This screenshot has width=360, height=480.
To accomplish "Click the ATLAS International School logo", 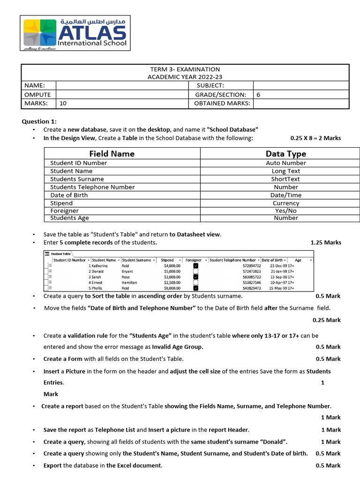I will (x=75, y=33).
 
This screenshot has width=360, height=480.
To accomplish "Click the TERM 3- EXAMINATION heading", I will (x=185, y=69).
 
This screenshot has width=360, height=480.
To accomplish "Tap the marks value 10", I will (x=63, y=103).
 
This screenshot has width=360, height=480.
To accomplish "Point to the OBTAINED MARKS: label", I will (x=222, y=103).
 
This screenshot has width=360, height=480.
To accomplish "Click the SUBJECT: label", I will (x=210, y=85).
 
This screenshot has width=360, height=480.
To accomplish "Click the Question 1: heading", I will (x=39, y=121).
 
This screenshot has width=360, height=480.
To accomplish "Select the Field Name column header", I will (x=112, y=154).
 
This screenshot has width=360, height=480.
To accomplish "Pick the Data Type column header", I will (x=285, y=154).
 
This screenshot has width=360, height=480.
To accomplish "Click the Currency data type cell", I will (x=285, y=203).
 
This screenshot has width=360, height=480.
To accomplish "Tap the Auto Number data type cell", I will (x=285, y=163).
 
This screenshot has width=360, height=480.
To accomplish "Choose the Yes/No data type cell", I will (x=285, y=210).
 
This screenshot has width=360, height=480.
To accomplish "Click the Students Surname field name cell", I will (x=77, y=179).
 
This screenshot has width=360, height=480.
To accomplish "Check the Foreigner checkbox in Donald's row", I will (x=196, y=271).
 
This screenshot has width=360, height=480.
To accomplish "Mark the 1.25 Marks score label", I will (x=326, y=242).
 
